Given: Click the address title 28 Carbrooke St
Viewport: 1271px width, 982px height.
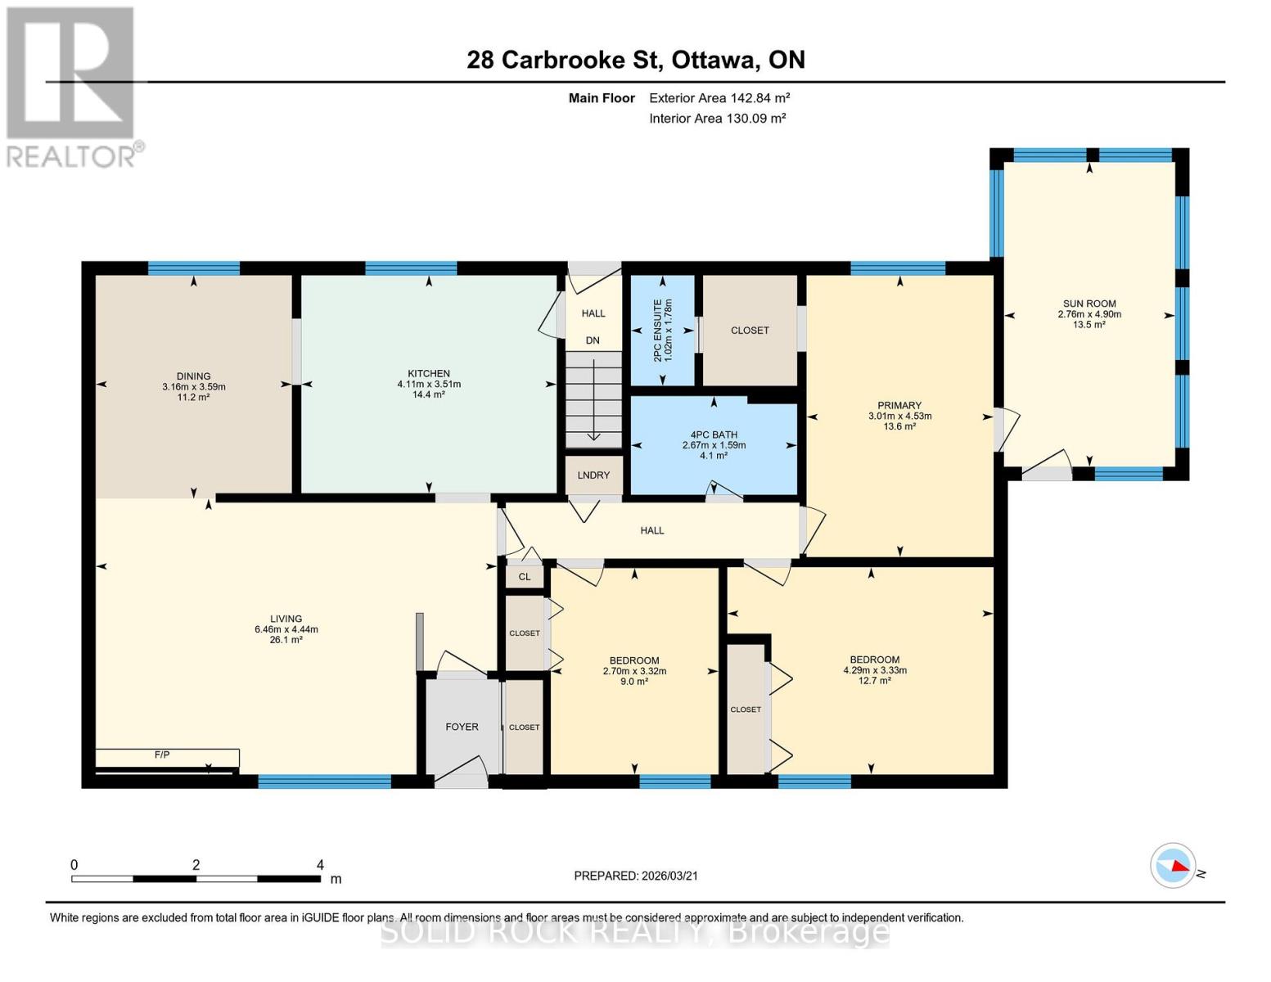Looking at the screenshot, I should (x=635, y=60).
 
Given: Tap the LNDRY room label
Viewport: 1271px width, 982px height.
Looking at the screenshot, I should (x=593, y=475).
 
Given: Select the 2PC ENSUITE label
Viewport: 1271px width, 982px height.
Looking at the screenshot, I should (x=663, y=331).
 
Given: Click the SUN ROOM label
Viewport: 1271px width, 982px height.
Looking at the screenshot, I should (x=1088, y=304).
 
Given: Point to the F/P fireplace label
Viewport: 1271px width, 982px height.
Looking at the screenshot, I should (x=162, y=755).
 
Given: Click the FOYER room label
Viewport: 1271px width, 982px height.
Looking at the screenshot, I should (x=462, y=727).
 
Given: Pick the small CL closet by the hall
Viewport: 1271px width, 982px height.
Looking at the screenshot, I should (x=525, y=577).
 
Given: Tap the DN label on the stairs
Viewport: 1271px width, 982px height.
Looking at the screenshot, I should (x=593, y=340).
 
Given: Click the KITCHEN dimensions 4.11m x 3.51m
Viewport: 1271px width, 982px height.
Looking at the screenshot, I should (x=429, y=384).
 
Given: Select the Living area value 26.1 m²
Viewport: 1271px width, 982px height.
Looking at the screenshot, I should (x=286, y=640).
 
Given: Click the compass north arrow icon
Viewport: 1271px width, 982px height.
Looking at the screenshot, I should (x=1174, y=865).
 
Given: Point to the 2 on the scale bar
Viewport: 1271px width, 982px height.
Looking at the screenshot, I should (x=196, y=865).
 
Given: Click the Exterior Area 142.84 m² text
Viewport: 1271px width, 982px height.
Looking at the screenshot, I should (x=719, y=98).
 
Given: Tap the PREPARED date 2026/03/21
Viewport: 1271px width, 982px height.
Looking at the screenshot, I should (x=636, y=876).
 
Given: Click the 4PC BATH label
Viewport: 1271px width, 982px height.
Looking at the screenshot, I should (x=714, y=435).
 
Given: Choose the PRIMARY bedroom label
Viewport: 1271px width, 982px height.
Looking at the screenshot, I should (x=899, y=405).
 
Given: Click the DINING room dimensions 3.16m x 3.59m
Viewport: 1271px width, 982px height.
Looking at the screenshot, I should (x=194, y=387).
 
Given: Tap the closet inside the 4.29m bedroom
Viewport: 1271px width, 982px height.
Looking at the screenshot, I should (x=746, y=709).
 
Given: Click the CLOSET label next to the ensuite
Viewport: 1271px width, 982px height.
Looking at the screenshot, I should (x=750, y=331).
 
